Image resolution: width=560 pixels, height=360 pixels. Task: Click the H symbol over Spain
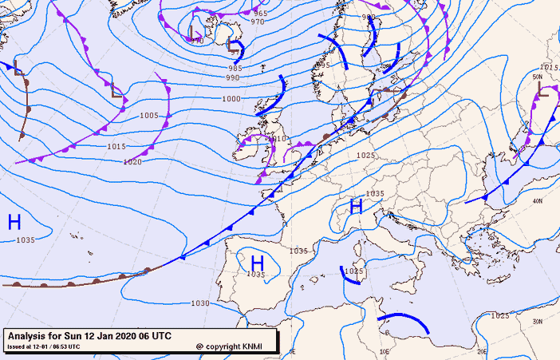(x=257, y=262)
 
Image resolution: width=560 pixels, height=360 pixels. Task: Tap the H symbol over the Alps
(x=357, y=207)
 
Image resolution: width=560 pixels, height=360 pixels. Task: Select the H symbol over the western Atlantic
(x=14, y=222)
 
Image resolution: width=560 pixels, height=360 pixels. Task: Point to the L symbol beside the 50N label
(x=543, y=89)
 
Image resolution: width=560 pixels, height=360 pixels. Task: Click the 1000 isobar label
(x=231, y=99)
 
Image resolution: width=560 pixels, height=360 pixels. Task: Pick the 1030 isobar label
(x=200, y=303)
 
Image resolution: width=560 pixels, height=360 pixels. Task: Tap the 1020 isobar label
(x=132, y=162)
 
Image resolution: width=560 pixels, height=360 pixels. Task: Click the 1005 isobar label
(x=149, y=116)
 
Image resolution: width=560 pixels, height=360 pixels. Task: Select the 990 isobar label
(x=232, y=77)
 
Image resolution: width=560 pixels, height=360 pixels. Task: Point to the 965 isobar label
(x=260, y=14)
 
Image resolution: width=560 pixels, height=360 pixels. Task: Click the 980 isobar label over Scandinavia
(x=368, y=17)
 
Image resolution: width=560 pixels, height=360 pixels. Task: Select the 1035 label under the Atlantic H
(x=26, y=239)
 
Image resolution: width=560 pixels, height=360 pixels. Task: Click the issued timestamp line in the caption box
(x=44, y=346)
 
